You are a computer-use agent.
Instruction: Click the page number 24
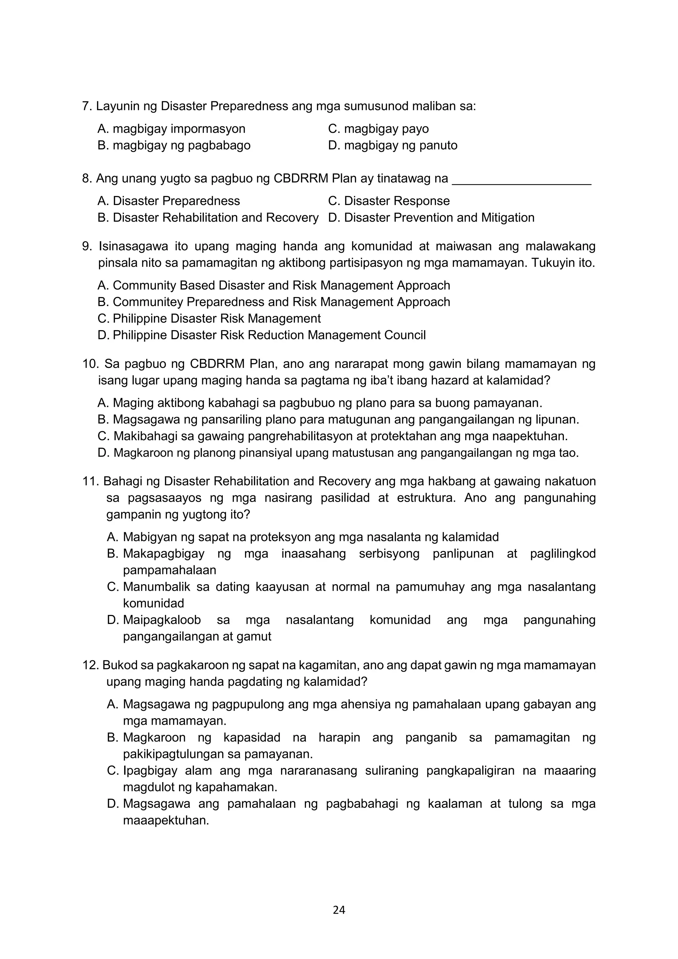click(x=339, y=910)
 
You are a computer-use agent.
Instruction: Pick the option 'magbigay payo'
click(x=378, y=128)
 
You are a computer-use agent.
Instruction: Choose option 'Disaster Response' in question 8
click(x=389, y=201)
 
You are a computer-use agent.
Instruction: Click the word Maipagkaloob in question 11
click(x=162, y=620)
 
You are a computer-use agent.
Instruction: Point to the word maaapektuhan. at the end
click(x=166, y=820)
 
